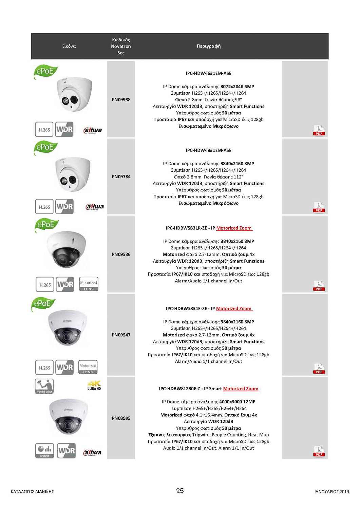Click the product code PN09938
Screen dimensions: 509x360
pos(121,99)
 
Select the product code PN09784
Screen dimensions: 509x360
pos(121,176)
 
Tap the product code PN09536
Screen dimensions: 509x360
pos(121,254)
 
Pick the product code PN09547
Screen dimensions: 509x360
pos(121,335)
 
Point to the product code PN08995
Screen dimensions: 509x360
pos(121,418)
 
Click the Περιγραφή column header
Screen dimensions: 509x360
pos(208,46)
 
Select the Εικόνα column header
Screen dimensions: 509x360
pos(69,46)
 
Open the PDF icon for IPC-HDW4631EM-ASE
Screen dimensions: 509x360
pos(319,130)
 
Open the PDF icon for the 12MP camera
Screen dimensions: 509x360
pos(319,451)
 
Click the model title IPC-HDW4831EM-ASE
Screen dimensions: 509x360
pos(208,150)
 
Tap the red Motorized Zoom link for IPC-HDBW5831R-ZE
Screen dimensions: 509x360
pos(234,228)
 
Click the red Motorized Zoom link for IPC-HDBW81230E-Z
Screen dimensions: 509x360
pos(241,389)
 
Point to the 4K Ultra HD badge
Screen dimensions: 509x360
pos(94,385)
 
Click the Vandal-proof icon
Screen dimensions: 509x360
pos(44,386)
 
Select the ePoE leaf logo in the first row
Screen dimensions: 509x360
pos(45,72)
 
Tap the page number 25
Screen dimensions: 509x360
pos(180,491)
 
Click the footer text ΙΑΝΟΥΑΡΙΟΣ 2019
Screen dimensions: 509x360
pos(331,491)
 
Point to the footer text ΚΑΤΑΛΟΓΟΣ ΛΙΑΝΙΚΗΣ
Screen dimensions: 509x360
pos(32,491)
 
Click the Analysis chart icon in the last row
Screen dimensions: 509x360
pos(44,451)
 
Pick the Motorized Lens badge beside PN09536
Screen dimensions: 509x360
pos(89,284)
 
